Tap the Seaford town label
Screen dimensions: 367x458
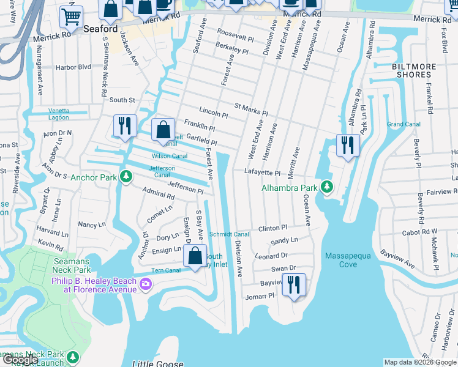100,29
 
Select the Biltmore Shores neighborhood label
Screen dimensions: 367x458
414,70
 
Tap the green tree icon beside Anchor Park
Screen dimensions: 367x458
126,177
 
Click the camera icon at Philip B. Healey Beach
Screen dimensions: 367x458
146,283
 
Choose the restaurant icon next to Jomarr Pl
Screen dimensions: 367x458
295,284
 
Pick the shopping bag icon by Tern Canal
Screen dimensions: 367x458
195,256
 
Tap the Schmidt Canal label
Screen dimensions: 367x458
229,234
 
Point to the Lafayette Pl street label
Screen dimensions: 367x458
263,173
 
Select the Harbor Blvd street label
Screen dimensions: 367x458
73,67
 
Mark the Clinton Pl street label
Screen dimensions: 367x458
272,228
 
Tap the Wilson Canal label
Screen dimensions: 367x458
169,156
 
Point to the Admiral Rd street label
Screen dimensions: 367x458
158,195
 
